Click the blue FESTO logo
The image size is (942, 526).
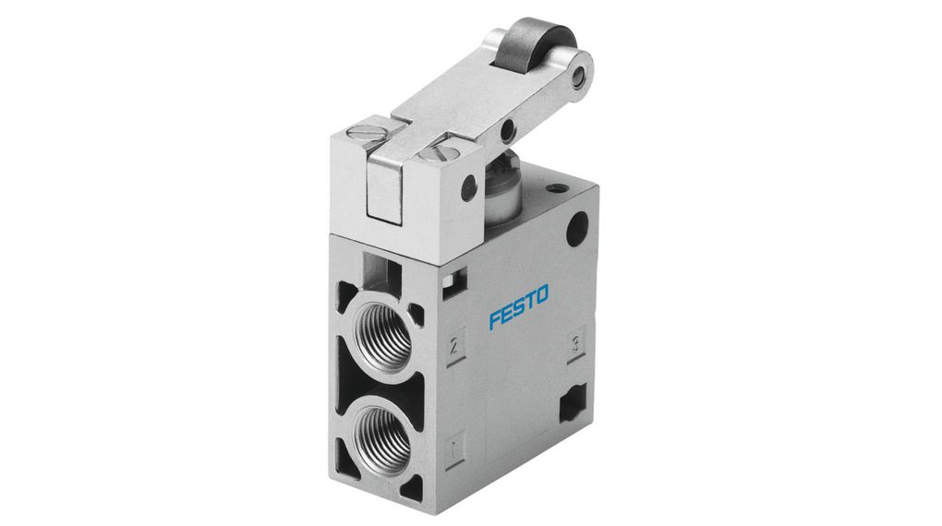(518, 307)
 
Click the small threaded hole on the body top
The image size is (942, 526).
(553, 189)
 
